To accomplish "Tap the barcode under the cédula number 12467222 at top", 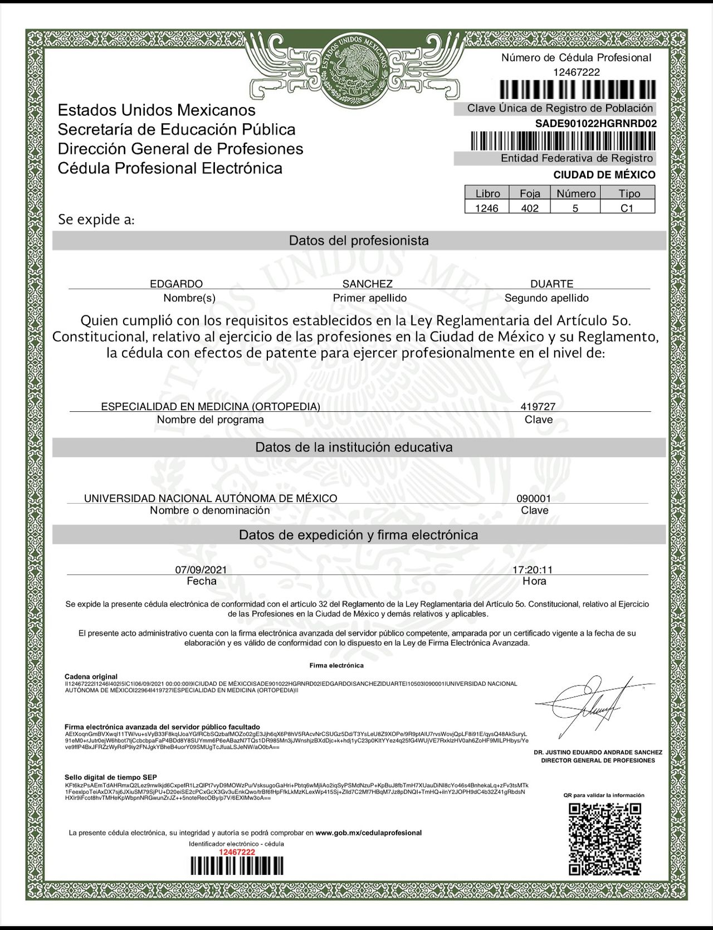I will (577, 90).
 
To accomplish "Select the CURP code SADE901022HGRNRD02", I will (595, 124).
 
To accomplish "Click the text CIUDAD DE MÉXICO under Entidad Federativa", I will (604, 175).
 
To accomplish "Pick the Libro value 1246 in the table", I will (487, 208).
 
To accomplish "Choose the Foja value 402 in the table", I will (530, 208).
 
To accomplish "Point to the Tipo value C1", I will (627, 208).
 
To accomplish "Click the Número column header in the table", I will (575, 193).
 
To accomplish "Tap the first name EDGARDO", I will (176, 284).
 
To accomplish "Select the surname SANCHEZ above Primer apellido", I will (368, 284).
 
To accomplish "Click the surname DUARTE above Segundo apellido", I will (551, 284).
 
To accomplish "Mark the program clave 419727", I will (538, 407).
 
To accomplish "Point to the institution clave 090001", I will (534, 498).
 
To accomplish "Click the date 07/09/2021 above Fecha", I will (201, 569).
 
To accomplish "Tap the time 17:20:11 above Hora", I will (533, 569).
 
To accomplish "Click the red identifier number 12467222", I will (237, 852).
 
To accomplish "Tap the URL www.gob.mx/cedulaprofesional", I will (368, 832).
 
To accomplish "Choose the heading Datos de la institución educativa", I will (354, 447).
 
